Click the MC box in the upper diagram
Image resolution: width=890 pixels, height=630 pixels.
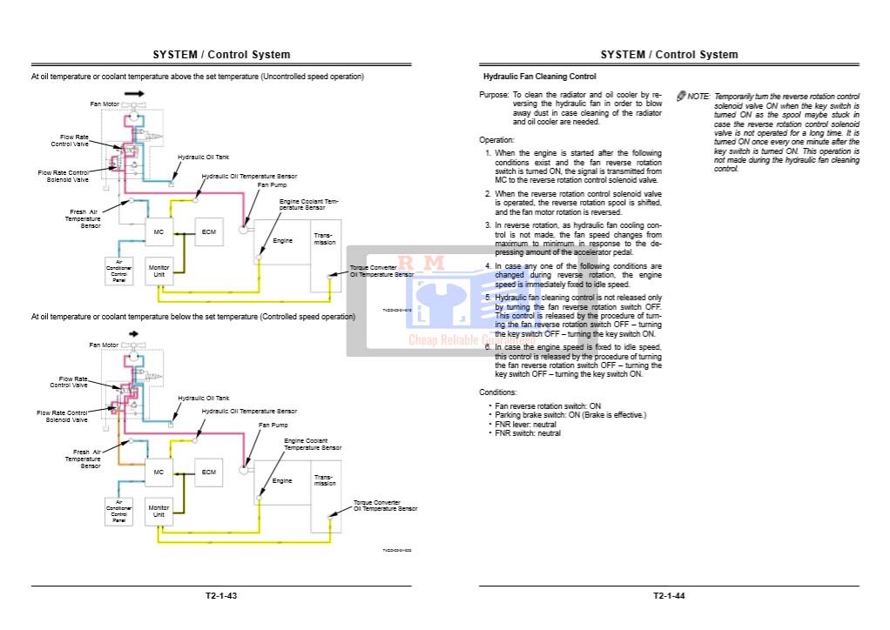(158, 233)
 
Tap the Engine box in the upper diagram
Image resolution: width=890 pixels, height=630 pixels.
(282, 240)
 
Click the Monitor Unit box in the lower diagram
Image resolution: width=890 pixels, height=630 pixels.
(158, 511)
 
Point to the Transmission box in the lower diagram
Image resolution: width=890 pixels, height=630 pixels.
(325, 479)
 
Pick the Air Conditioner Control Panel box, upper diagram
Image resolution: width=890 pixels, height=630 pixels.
(119, 271)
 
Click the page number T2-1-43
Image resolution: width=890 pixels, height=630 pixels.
(221, 596)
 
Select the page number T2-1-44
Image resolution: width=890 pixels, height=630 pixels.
(669, 596)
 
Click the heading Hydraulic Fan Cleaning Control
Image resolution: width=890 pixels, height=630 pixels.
(539, 77)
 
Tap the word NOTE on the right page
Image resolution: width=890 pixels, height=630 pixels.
(698, 97)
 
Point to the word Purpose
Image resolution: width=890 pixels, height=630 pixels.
(494, 95)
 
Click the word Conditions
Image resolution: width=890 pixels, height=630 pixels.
(498, 392)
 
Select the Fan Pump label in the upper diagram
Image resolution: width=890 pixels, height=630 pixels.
(272, 184)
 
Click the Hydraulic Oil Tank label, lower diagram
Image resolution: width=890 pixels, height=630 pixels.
(204, 399)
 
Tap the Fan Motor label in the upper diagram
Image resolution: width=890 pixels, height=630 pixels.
(105, 104)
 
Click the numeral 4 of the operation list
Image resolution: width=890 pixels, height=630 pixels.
(489, 266)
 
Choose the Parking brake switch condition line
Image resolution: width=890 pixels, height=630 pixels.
(570, 415)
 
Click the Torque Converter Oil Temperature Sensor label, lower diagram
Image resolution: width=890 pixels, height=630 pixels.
(385, 506)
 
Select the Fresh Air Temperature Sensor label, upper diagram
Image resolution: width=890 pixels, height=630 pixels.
(83, 218)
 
